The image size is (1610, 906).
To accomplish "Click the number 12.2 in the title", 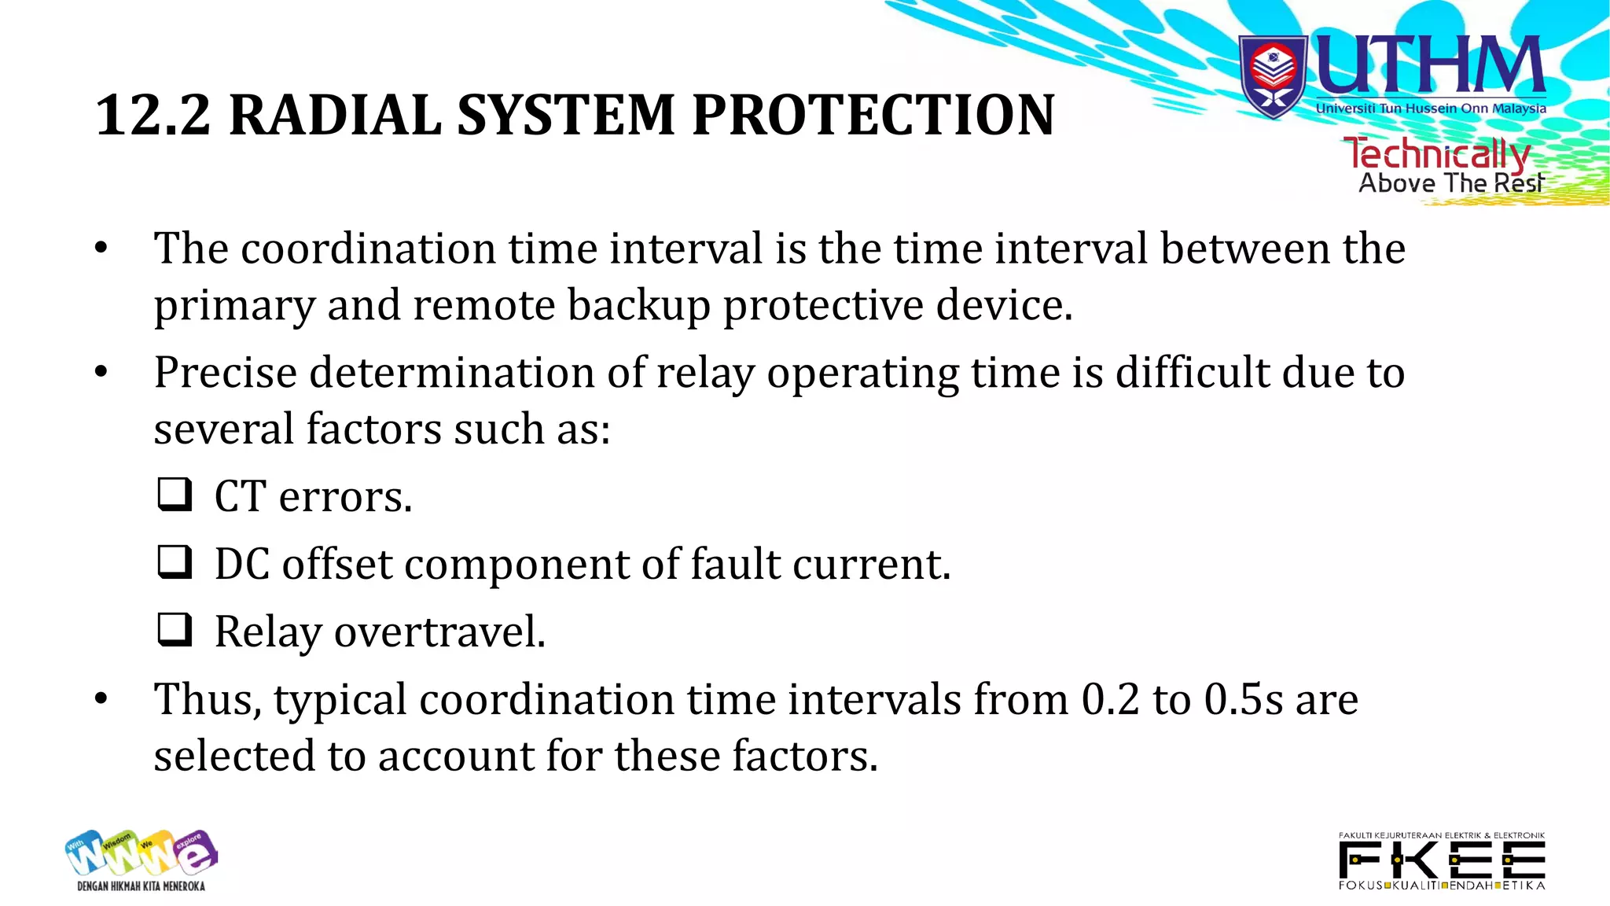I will tap(153, 115).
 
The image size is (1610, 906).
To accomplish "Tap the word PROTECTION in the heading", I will tap(873, 115).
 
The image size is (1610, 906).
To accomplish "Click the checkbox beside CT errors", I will tap(175, 495).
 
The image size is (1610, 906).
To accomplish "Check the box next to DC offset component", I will tap(175, 562).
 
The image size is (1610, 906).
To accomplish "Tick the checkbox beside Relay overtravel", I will tap(175, 630).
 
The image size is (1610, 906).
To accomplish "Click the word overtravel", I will tap(439, 632).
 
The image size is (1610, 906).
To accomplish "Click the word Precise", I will tap(225, 372).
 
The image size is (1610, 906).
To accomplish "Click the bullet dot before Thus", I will tap(101, 698).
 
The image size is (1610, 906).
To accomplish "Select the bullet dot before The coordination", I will tap(101, 249).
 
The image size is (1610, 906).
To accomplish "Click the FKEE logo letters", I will tap(1442, 860).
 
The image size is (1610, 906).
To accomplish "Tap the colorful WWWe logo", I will tap(142, 853).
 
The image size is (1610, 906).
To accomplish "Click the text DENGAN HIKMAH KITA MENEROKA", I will tap(142, 886).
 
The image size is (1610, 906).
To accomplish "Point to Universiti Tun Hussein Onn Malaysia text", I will tap(1431, 109).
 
